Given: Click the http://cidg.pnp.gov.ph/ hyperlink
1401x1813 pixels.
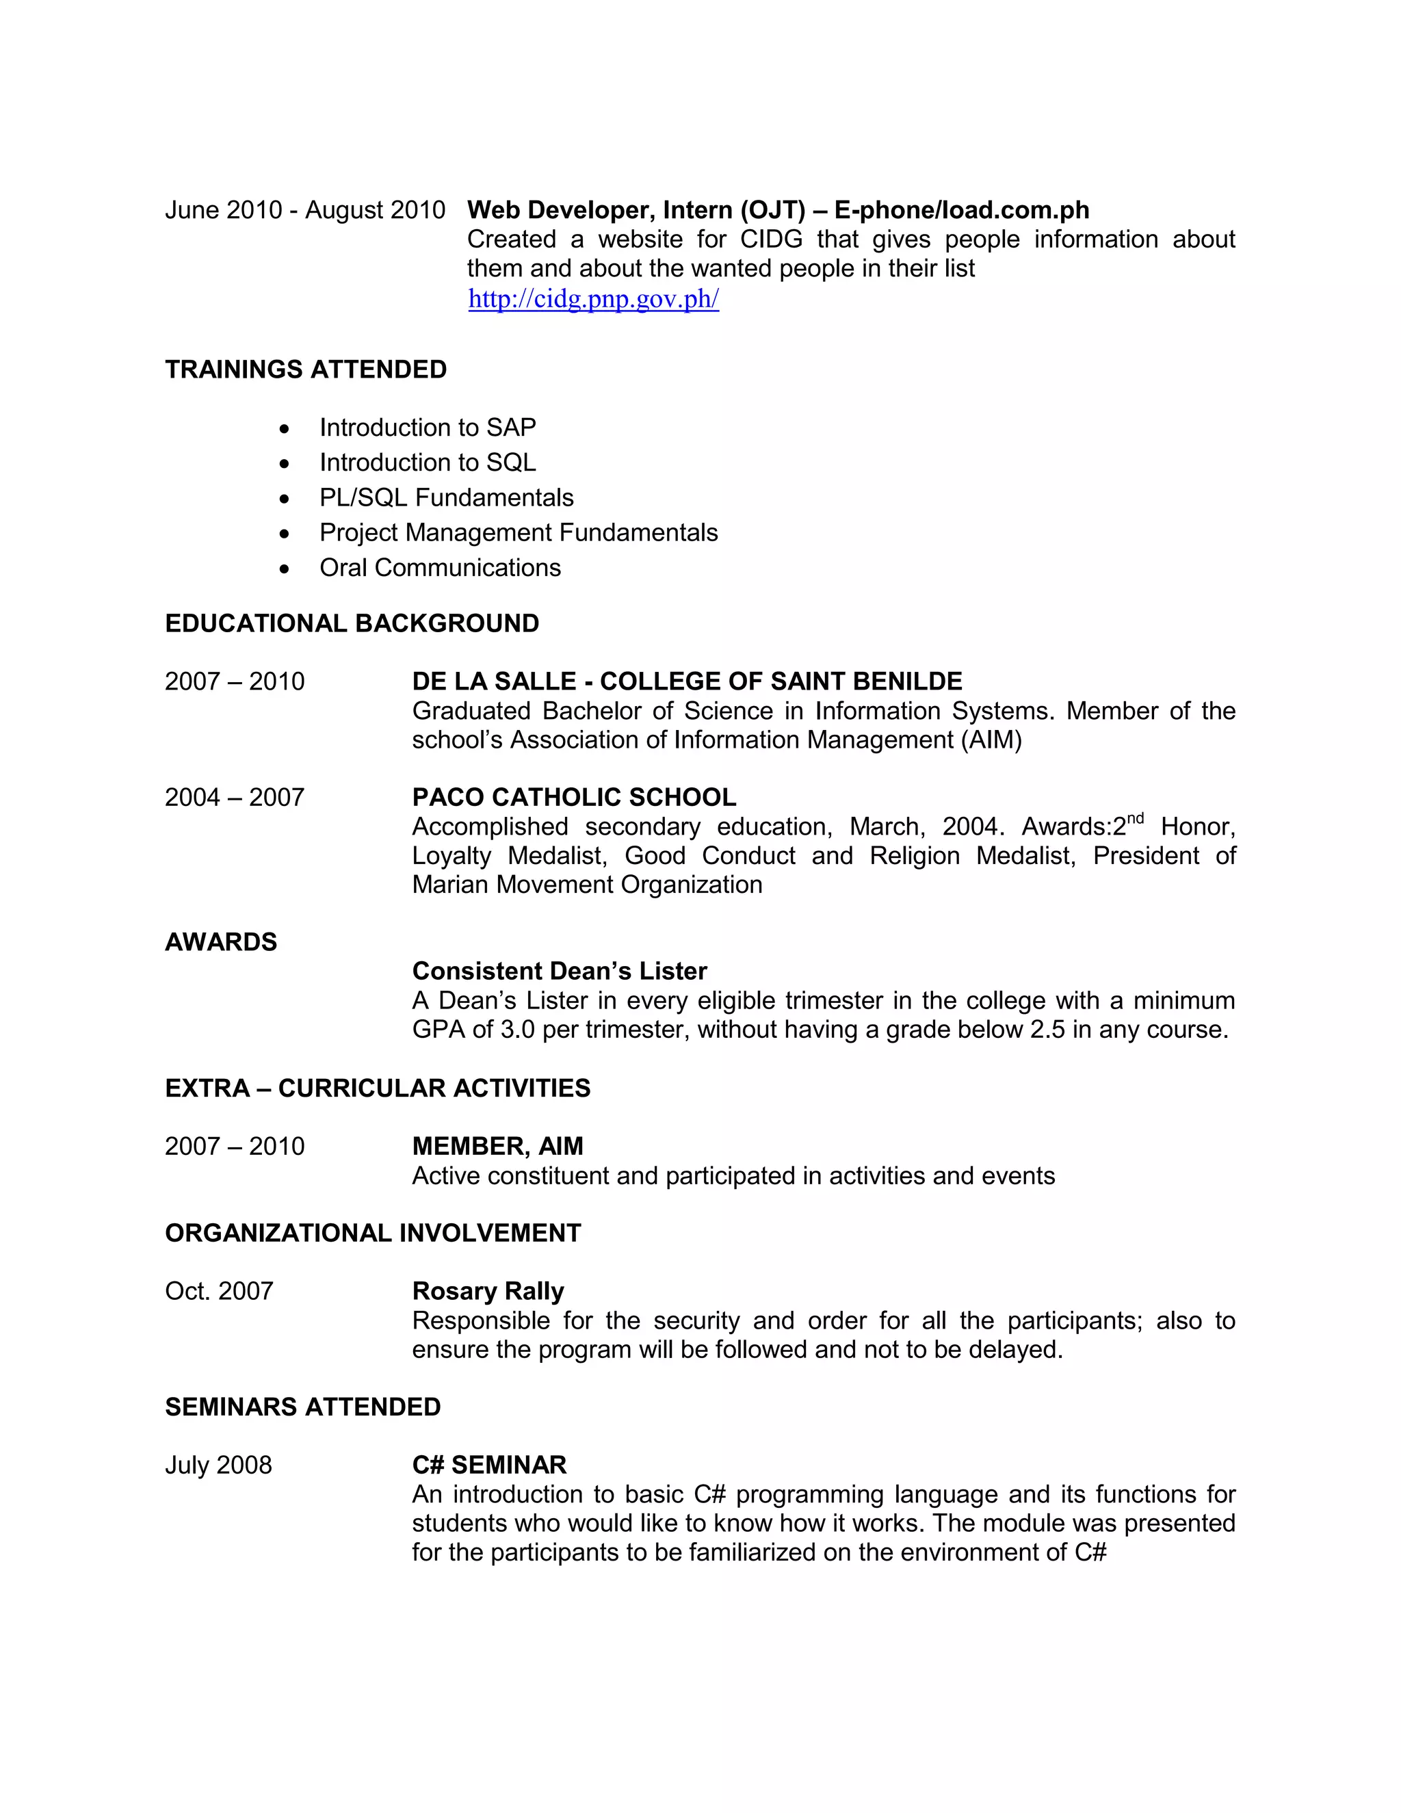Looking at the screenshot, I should (592, 299).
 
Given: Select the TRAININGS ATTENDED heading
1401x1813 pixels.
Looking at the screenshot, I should (305, 369).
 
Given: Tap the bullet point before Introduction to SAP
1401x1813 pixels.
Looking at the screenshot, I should (285, 429).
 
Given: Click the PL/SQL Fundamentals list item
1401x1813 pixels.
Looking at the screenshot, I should (446, 497).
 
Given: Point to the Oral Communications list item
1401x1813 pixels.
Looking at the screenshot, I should (440, 568).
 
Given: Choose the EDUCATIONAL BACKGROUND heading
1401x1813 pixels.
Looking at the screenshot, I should (352, 623).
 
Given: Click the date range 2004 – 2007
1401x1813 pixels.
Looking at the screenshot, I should (235, 798).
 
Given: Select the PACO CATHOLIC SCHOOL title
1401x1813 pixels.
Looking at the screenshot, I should (573, 798).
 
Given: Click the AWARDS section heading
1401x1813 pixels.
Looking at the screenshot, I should (221, 942).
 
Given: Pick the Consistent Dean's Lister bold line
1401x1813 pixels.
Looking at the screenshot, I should (560, 971).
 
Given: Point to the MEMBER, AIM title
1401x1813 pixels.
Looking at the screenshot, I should (497, 1147).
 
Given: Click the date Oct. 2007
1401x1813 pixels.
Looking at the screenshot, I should (219, 1292).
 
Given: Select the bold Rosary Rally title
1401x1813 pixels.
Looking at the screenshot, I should (488, 1292).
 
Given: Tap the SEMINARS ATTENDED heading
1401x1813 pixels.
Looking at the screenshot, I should (303, 1407).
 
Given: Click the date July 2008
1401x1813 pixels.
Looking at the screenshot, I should (218, 1465).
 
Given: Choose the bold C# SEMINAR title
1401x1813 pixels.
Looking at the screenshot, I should (489, 1465).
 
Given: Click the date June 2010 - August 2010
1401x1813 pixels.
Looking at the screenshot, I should (304, 210).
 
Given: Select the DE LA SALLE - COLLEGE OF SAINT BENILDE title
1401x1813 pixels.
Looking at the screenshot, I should (686, 681).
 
